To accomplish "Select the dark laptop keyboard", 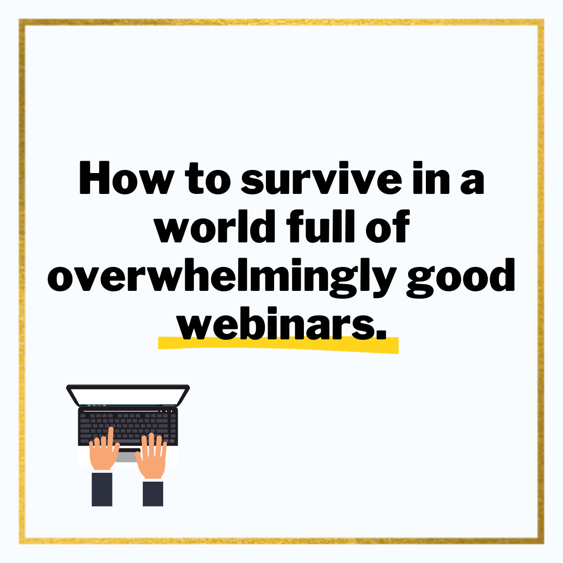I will pos(128,425).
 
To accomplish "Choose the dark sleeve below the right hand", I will pos(153,493).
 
